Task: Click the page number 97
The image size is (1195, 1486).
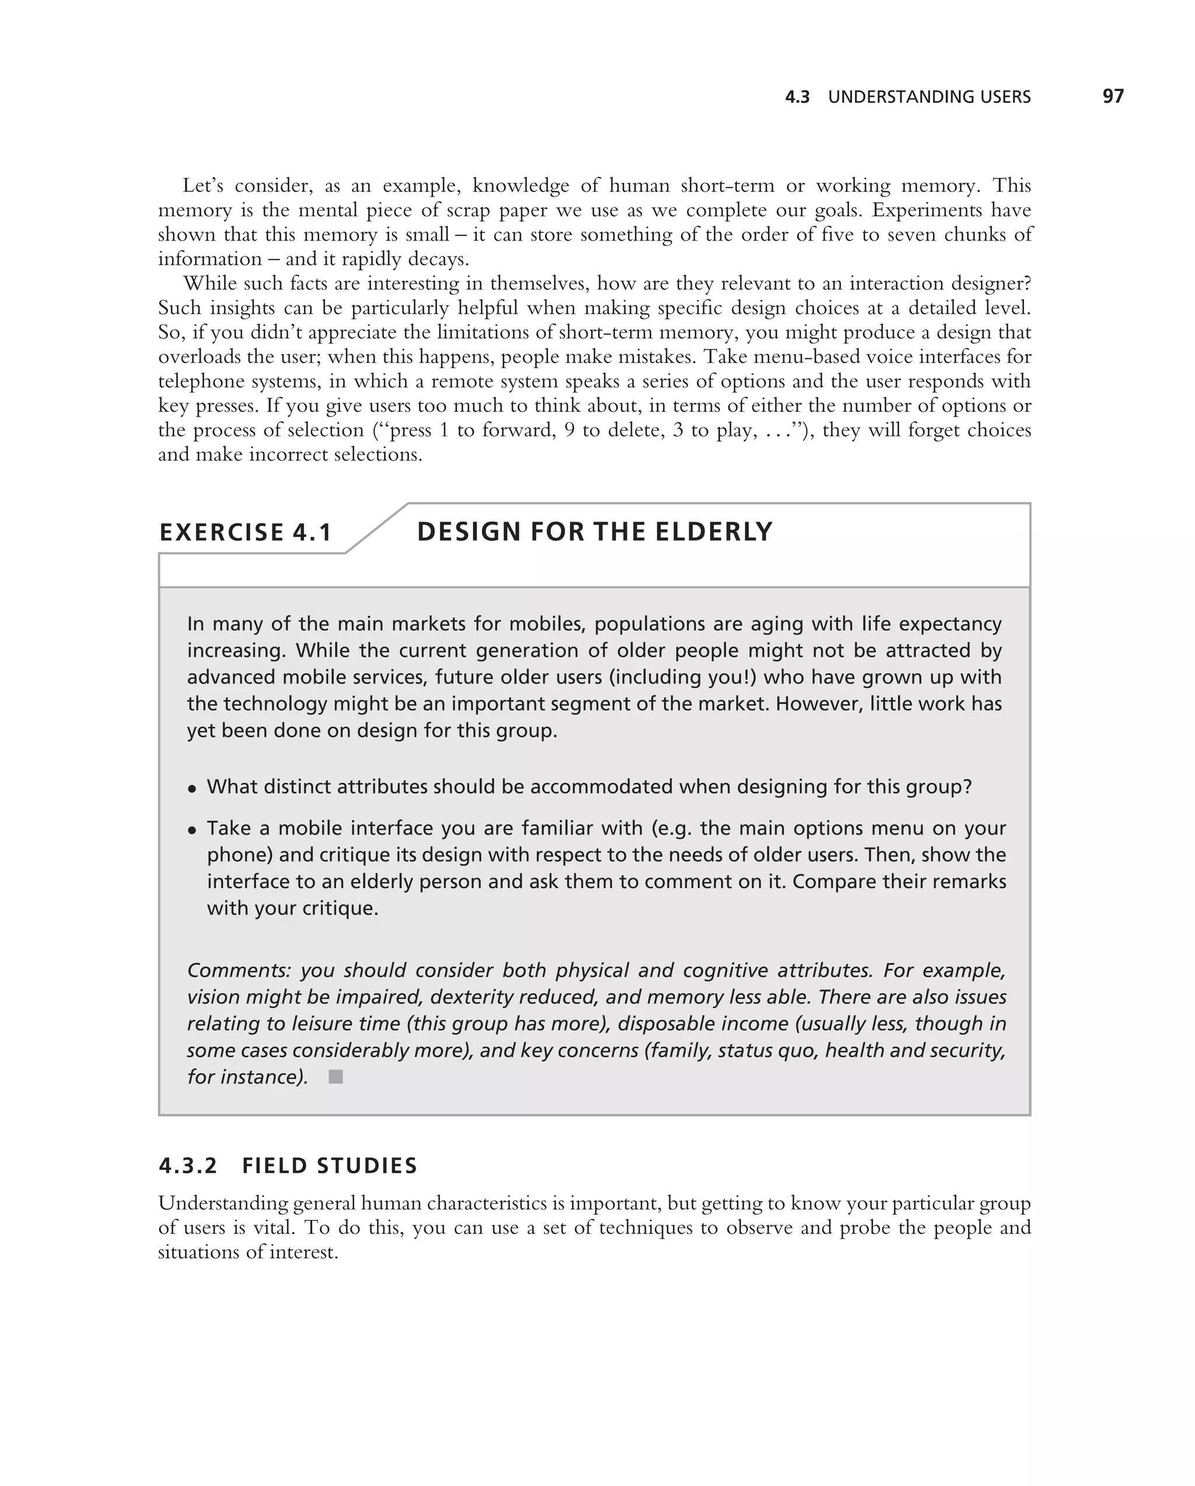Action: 1112,96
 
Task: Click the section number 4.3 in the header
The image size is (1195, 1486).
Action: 798,97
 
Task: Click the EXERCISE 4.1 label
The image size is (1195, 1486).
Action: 245,533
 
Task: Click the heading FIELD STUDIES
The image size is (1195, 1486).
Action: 330,1166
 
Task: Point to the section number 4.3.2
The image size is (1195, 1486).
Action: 187,1166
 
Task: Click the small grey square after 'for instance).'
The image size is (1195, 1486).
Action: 336,1076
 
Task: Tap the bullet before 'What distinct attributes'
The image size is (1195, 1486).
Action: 193,788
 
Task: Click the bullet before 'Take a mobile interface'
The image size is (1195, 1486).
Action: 193,830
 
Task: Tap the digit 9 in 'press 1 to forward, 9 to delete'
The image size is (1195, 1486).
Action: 569,430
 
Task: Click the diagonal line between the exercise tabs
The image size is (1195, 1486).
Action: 376,529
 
